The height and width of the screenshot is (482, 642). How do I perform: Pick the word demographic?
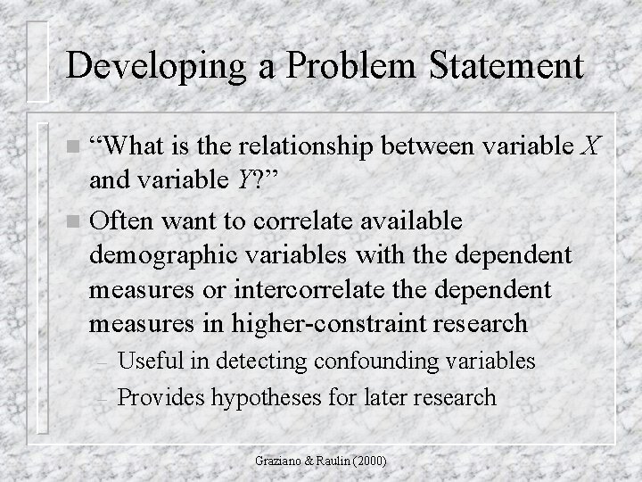(x=165, y=254)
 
